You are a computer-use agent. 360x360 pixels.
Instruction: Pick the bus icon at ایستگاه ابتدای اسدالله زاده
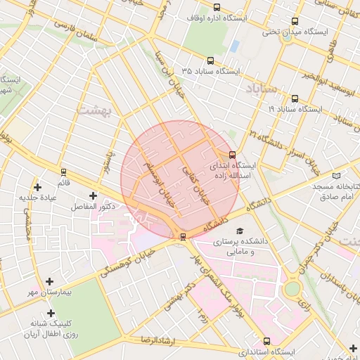232,155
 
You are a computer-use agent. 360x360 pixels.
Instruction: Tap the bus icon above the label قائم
64,172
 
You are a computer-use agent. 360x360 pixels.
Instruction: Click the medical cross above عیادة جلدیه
37,187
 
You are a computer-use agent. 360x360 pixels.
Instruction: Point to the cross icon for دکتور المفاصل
92,195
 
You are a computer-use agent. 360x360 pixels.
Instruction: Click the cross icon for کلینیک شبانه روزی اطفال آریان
50,313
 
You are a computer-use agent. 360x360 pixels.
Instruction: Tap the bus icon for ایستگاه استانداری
266,340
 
